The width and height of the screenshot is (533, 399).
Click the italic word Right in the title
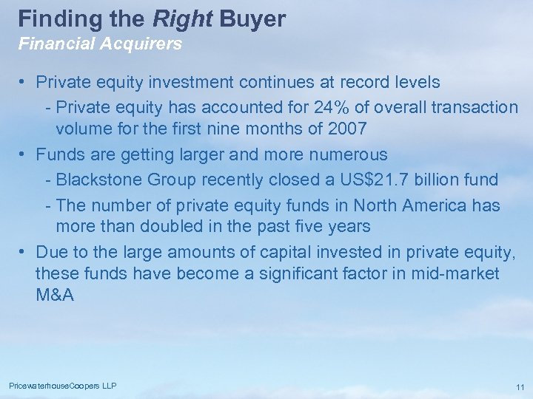tap(183, 18)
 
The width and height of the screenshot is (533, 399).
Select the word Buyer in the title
tap(252, 18)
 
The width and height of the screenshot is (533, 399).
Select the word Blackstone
tap(97, 180)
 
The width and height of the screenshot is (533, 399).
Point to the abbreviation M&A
tap(55, 295)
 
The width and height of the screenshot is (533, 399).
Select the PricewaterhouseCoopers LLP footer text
tap(63, 386)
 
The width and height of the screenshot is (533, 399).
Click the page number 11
tap(520, 387)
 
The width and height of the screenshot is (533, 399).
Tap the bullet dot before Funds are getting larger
tap(24, 154)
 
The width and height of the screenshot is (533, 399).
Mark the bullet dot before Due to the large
tap(24, 253)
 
